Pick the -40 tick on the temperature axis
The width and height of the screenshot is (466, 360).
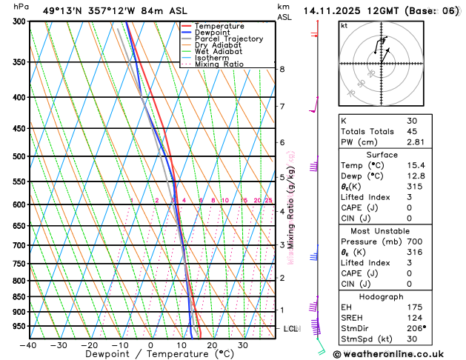point(28,345)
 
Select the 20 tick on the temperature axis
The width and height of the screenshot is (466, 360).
point(212,345)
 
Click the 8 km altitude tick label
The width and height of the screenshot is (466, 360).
point(282,70)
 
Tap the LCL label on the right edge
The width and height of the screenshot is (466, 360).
point(291,328)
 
